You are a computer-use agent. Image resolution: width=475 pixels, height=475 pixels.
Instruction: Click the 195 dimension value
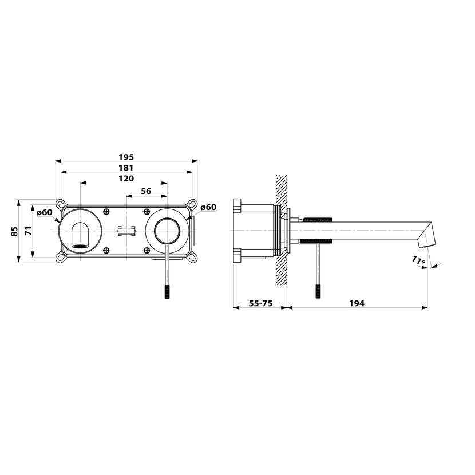(126, 157)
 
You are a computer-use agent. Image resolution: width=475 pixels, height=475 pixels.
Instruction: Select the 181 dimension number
(126, 168)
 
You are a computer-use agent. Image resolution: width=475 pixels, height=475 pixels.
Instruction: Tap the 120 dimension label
(126, 179)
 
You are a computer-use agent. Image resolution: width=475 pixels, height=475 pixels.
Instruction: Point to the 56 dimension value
(146, 191)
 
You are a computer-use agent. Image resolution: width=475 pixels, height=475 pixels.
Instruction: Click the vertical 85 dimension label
(14, 231)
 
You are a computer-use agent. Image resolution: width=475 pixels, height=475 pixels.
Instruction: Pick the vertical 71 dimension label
(29, 231)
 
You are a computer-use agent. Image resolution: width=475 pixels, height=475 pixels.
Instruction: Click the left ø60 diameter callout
(45, 212)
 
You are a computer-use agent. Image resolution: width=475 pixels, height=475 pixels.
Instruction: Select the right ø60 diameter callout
(208, 207)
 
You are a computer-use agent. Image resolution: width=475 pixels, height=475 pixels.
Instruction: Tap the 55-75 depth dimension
(260, 303)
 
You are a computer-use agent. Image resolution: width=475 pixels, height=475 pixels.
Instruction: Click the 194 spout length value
(357, 303)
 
